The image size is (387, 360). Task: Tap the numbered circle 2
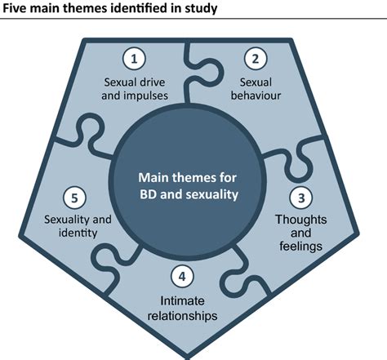pos(256,60)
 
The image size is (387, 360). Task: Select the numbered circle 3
pos(300,198)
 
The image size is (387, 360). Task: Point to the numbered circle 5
pos(73,198)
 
